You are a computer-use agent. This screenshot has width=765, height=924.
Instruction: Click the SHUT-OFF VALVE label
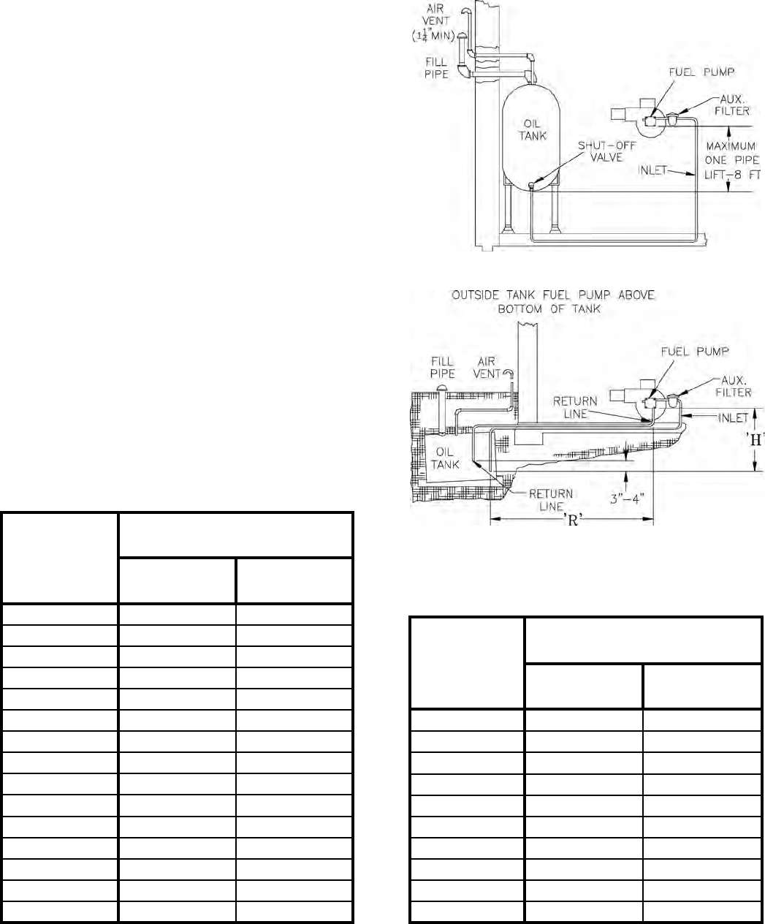[606, 152]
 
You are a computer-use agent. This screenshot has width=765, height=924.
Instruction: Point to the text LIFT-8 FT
[732, 175]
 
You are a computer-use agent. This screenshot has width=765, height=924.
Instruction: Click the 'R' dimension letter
[573, 520]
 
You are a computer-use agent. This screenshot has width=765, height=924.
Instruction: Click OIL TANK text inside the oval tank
[532, 129]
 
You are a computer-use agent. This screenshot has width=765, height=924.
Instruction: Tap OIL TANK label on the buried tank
[445, 458]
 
